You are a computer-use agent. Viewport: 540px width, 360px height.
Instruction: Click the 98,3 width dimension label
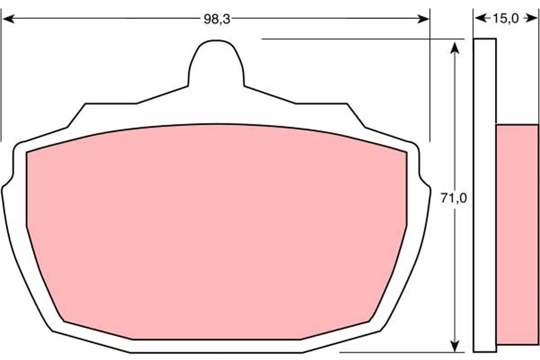(217, 19)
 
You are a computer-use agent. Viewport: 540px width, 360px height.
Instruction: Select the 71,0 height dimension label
(454, 198)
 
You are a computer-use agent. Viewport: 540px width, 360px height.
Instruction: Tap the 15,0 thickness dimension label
(505, 18)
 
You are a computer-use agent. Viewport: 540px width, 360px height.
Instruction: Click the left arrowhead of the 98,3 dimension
(9, 18)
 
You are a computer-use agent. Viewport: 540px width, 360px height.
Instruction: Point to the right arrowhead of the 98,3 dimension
(423, 18)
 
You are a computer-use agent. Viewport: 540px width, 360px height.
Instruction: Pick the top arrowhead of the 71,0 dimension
(454, 48)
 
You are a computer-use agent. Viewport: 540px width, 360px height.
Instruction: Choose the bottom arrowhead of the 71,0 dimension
(454, 345)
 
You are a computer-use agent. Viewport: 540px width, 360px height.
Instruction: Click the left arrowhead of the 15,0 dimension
(481, 18)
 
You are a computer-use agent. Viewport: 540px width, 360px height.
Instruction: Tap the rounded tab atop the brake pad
(216, 63)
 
